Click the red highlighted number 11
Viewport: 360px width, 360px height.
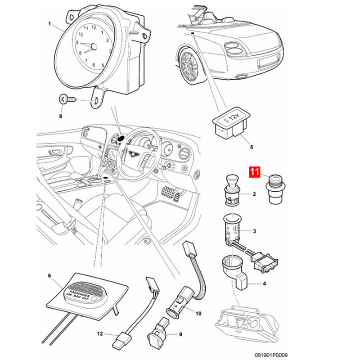255,172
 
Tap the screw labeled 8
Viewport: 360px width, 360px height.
67,99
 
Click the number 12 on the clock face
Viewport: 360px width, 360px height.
94,27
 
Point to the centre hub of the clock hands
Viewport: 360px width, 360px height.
94,47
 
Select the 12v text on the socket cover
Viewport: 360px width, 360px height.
234,118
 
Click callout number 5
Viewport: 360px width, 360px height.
252,147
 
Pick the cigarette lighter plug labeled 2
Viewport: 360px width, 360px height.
232,190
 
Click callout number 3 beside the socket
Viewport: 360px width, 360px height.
254,231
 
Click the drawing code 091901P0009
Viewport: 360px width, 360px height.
271,355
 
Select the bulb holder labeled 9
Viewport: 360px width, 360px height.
157,333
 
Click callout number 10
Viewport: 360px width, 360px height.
198,313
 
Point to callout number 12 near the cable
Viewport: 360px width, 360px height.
100,333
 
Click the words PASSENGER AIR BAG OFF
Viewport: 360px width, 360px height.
78,293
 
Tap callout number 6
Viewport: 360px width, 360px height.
49,275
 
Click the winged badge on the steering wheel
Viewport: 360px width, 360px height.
133,153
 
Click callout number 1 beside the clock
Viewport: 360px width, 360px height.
49,24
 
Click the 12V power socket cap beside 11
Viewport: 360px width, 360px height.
276,189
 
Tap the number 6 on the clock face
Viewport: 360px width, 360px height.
94,65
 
